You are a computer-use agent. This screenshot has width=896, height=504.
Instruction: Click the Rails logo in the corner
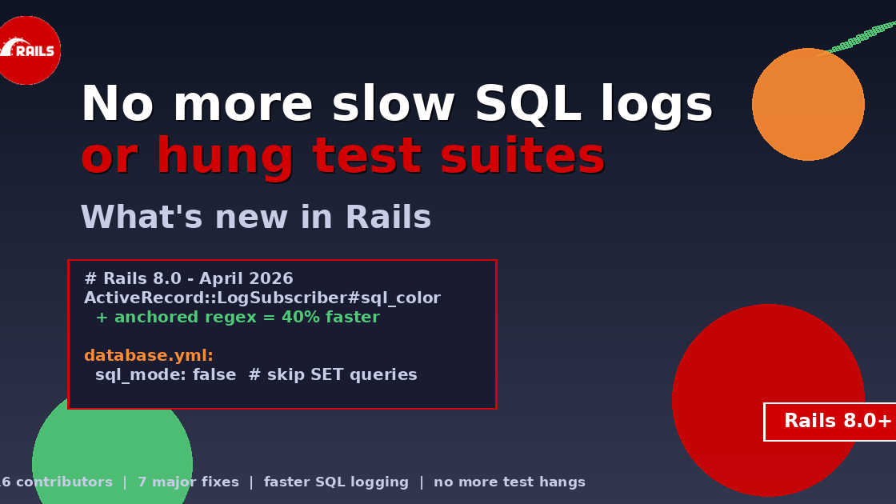(x=29, y=50)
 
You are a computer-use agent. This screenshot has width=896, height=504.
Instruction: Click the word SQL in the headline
(x=528, y=105)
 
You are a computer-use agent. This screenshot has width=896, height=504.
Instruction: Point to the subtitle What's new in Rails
(x=255, y=218)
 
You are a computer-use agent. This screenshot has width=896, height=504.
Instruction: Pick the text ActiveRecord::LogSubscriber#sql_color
(x=262, y=298)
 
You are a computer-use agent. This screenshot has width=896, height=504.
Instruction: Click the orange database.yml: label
(x=149, y=355)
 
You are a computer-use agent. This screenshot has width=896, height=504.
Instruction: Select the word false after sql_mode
(x=214, y=374)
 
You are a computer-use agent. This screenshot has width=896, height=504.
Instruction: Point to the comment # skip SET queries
(x=333, y=374)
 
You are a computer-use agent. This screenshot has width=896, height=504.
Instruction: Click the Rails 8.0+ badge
(x=832, y=422)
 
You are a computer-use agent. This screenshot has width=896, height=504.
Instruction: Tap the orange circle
(x=808, y=105)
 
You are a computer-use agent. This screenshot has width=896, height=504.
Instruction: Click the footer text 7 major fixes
(x=188, y=482)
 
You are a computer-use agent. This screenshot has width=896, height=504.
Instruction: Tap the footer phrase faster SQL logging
(x=336, y=482)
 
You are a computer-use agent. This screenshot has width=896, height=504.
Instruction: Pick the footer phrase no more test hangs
(x=510, y=482)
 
